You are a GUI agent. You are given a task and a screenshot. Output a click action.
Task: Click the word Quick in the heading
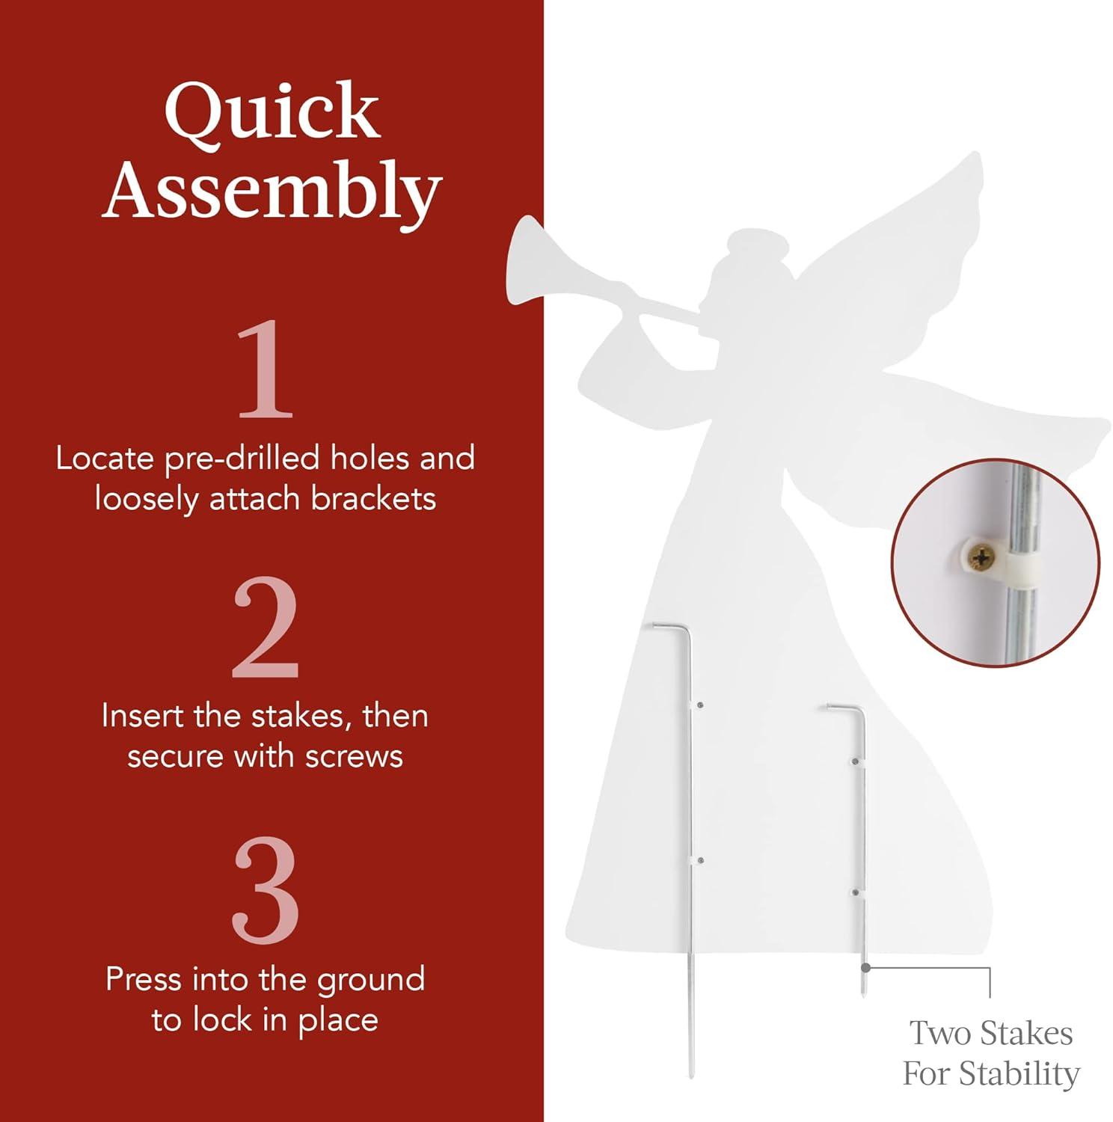point(272,111)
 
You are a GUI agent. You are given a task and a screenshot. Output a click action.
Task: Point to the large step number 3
point(266,889)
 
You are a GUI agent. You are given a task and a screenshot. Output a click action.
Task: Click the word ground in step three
point(370,981)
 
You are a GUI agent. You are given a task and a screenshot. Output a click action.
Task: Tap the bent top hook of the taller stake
point(671,629)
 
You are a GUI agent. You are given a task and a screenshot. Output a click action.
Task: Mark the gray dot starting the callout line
point(865,967)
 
